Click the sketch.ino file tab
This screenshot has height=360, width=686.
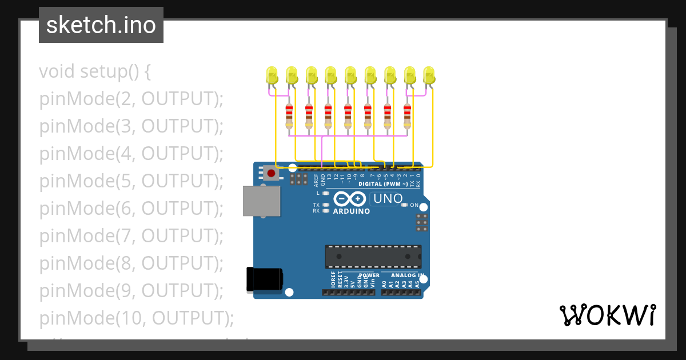(x=101, y=25)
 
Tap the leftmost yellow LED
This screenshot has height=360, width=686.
(x=272, y=75)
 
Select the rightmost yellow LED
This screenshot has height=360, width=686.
(x=429, y=75)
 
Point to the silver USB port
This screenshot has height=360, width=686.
(x=261, y=201)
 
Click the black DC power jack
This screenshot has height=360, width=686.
(x=264, y=279)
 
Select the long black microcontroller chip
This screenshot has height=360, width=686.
(x=373, y=257)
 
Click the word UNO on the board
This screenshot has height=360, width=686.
(x=387, y=199)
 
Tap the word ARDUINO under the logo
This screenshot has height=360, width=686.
(x=351, y=211)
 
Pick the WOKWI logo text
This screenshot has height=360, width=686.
(x=607, y=315)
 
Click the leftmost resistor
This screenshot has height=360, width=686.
(x=289, y=116)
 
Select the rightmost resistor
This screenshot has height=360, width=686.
(x=407, y=116)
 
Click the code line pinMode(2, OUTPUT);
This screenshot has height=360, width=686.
(x=131, y=99)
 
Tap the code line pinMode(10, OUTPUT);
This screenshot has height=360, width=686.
(x=137, y=318)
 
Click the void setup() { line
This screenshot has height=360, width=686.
(x=94, y=71)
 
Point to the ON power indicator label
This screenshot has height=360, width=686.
(x=414, y=205)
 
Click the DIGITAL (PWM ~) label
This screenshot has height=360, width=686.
(x=383, y=184)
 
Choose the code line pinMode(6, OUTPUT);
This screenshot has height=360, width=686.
(x=131, y=209)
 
